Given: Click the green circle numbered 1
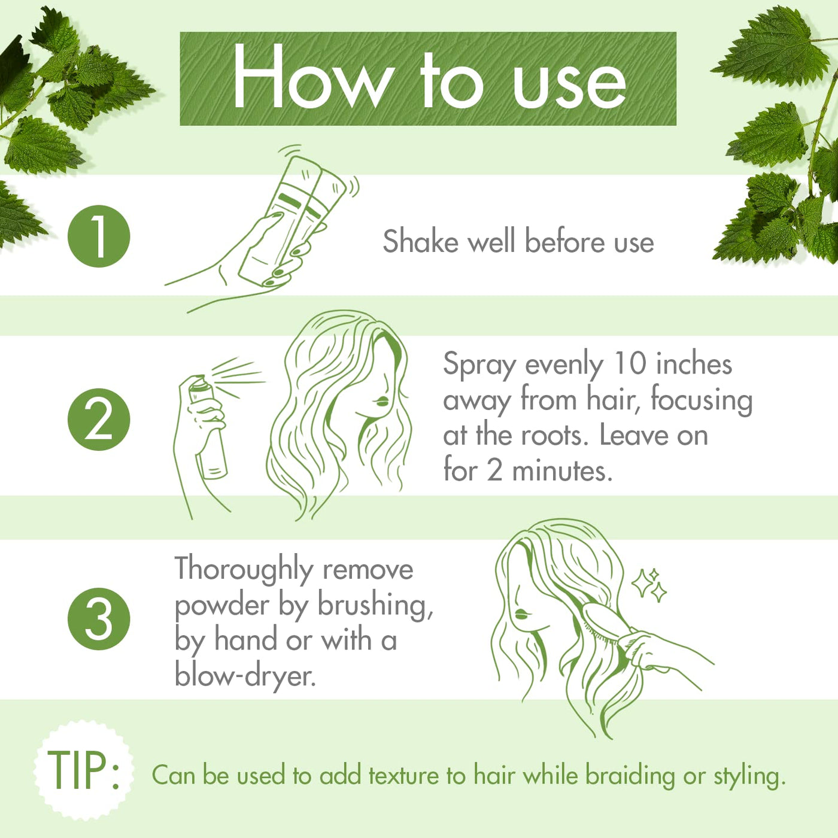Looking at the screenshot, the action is (99, 236).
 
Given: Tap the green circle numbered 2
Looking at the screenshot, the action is (99, 419).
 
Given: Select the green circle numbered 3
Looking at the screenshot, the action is (99, 619).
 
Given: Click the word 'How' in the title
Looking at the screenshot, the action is (311, 77).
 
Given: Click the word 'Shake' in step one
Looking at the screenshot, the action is (420, 241).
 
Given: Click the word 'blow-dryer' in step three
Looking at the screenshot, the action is (245, 676).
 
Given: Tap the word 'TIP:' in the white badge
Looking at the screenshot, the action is (83, 770).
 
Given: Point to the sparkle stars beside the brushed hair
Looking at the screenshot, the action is (649, 585).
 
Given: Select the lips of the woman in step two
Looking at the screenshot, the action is (381, 401).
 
